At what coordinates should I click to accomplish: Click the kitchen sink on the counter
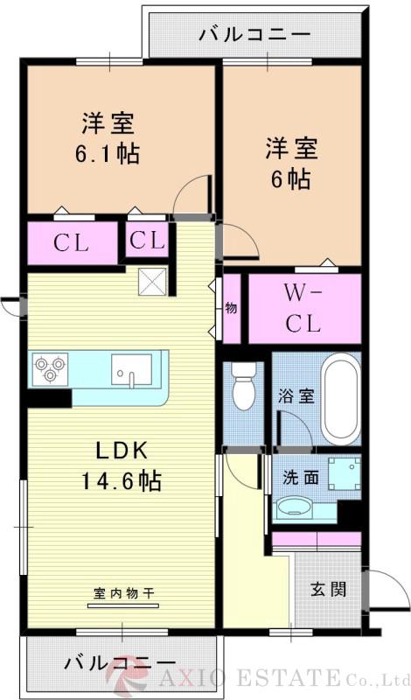[x=131, y=369]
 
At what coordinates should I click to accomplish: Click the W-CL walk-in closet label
[x=303, y=308]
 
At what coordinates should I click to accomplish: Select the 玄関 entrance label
[x=328, y=588]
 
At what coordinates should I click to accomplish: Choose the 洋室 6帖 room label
[x=292, y=163]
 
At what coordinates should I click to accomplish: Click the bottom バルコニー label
[x=120, y=662]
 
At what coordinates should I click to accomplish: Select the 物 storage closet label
[x=232, y=308]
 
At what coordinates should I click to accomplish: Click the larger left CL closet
[x=72, y=243]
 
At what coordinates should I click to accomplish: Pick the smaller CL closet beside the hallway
[x=146, y=240]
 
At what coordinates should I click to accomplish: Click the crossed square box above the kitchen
[x=151, y=282]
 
